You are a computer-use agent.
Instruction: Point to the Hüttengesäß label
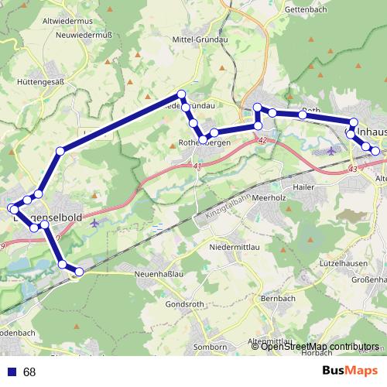click(40, 80)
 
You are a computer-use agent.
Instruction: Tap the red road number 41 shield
click(198, 166)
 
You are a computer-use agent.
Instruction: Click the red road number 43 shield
click(354, 168)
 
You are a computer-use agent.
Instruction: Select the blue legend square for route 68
click(12, 372)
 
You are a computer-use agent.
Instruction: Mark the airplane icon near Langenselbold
click(95, 223)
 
